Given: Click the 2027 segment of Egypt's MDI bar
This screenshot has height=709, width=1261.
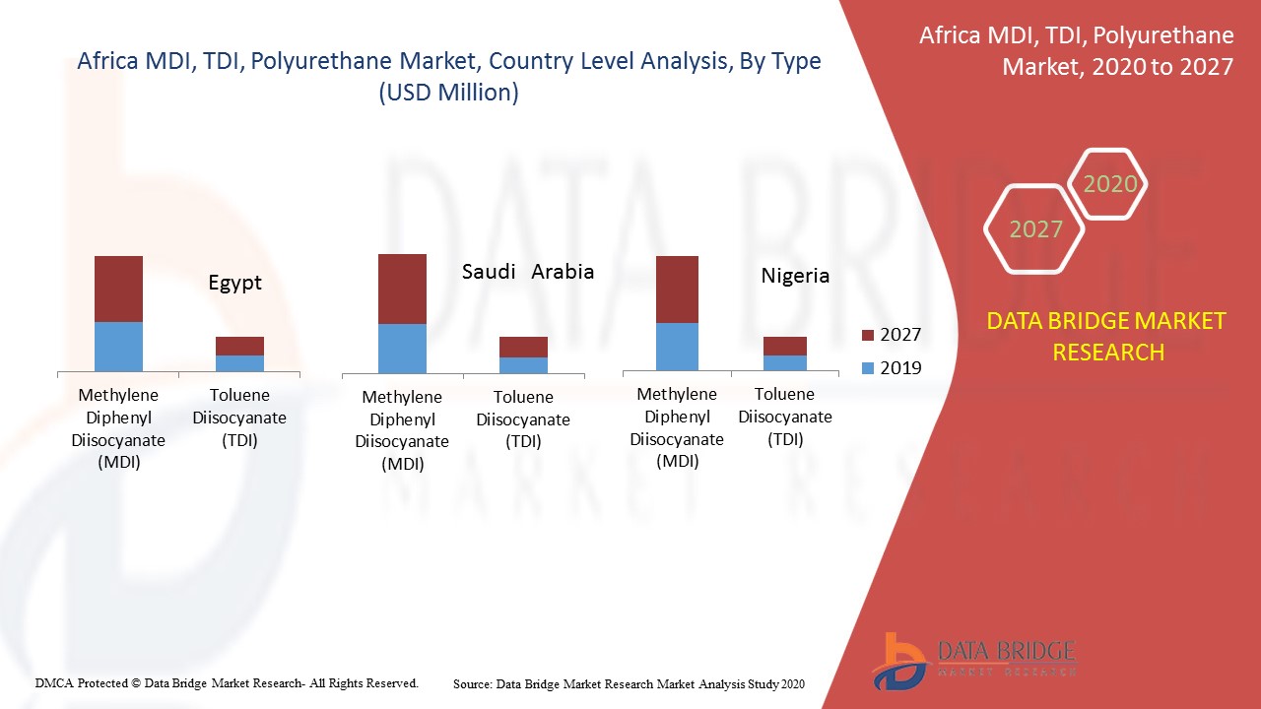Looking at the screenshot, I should tap(118, 289).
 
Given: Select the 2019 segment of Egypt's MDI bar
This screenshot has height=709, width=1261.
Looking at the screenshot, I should tap(118, 346).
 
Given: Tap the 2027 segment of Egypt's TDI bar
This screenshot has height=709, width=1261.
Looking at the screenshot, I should tap(239, 346).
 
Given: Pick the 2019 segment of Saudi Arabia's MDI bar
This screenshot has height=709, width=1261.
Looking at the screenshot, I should tap(402, 349).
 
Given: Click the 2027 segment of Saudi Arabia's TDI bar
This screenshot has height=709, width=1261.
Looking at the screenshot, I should tap(523, 347).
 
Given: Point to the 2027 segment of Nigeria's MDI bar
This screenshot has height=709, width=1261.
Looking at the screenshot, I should tap(677, 290).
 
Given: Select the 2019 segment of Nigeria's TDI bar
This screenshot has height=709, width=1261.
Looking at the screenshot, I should tap(785, 362).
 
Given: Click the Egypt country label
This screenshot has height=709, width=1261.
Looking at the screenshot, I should tap(235, 283).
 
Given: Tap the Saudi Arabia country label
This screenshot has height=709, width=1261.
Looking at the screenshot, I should tap(528, 271).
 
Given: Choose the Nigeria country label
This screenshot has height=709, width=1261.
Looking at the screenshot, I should tap(795, 276).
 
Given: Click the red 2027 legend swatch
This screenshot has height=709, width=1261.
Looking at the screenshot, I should tap(867, 335).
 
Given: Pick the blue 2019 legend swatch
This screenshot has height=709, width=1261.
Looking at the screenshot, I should tap(867, 368).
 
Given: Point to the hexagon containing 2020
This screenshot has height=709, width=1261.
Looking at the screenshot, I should tap(1109, 184).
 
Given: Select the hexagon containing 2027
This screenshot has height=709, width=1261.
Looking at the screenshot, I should tap(1035, 229).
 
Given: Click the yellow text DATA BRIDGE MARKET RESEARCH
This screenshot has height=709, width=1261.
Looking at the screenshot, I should tap(1107, 336).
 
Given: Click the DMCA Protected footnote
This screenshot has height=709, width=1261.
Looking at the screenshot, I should tap(227, 682).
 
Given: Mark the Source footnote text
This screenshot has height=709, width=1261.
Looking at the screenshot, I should tap(629, 683).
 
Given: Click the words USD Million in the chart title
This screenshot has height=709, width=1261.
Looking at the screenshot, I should tap(449, 93).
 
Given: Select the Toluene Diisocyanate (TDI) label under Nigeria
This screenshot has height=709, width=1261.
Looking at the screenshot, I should tap(785, 417).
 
